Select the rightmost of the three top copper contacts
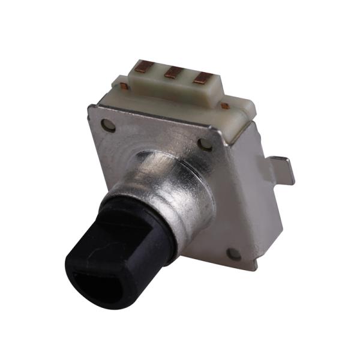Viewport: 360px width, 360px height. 204,77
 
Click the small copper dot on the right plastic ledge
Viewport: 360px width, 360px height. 224,106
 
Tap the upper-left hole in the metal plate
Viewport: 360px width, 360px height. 108,125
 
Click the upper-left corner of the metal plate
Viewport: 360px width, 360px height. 90,108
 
